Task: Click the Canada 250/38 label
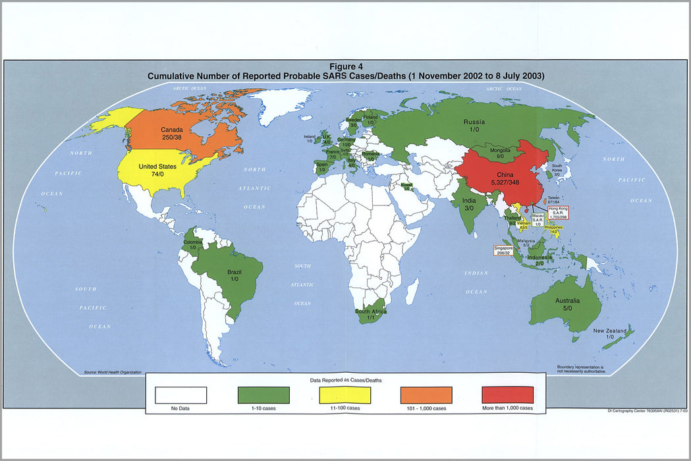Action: (x=171, y=134)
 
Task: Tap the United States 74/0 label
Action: (x=157, y=171)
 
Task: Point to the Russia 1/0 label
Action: (x=474, y=126)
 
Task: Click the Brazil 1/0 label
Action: (x=235, y=275)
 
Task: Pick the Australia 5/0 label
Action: (x=567, y=303)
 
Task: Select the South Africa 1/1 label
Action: (x=371, y=314)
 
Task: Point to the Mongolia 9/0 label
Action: (x=500, y=153)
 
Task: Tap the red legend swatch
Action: (x=507, y=394)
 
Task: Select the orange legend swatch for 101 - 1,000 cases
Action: (x=426, y=394)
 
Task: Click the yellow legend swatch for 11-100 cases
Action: (x=345, y=394)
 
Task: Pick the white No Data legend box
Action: (x=181, y=394)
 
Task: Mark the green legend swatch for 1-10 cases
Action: (x=263, y=394)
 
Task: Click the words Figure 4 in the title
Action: (x=346, y=67)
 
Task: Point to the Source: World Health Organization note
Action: (x=113, y=373)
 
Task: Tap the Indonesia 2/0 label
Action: (x=539, y=259)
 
